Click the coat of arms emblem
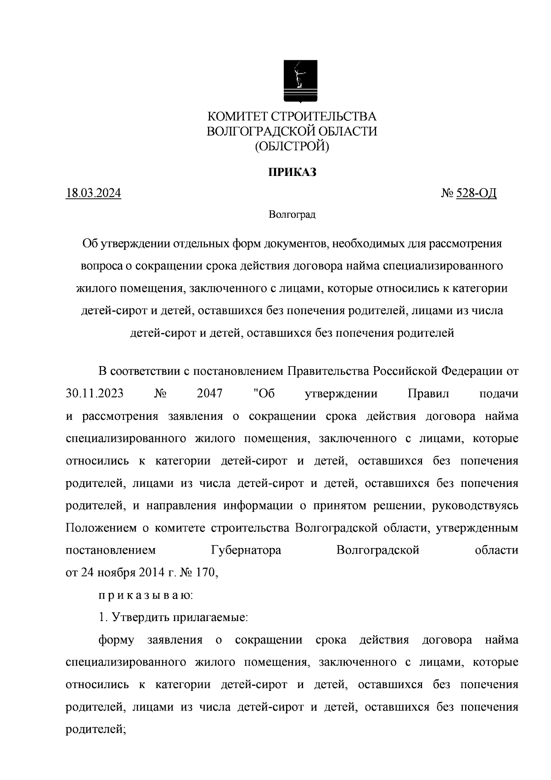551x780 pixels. point(299,81)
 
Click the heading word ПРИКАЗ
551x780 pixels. point(292,173)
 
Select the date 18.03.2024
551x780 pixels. point(94,193)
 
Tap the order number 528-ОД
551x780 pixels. point(476,193)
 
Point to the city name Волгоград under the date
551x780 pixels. point(292,215)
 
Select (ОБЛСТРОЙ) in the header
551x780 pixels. point(292,146)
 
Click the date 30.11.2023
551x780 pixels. point(95,394)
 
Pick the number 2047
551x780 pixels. point(209,394)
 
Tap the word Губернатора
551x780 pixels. point(246,550)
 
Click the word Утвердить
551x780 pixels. point(140,617)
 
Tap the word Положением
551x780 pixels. point(101,528)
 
